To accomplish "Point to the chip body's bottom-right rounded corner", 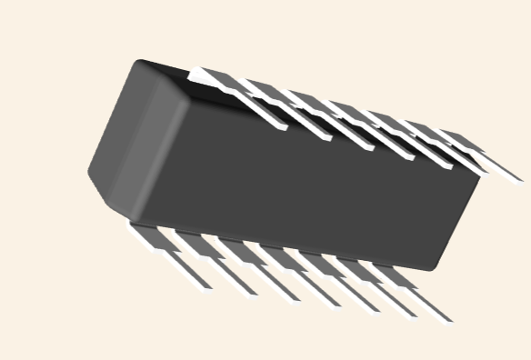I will pyautogui.click(x=436, y=265).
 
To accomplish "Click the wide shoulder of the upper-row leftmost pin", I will pyautogui.click(x=215, y=80).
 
